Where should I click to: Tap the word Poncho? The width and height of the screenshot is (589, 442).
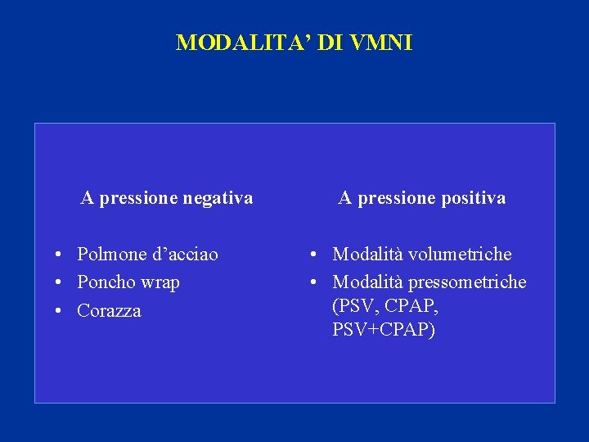(106, 282)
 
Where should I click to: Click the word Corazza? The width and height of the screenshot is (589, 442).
(109, 311)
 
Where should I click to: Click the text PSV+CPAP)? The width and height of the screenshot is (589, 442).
(384, 330)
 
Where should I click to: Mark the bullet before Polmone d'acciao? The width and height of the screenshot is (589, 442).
(61, 255)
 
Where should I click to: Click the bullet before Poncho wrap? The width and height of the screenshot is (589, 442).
(61, 283)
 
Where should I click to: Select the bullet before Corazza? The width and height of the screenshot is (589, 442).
(61, 312)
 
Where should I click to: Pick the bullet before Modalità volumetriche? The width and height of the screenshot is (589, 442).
(317, 255)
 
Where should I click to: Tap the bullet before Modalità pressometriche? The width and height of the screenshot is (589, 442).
(317, 283)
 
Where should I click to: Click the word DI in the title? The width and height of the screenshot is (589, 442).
(325, 43)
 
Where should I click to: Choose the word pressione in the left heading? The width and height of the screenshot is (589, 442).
(137, 199)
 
